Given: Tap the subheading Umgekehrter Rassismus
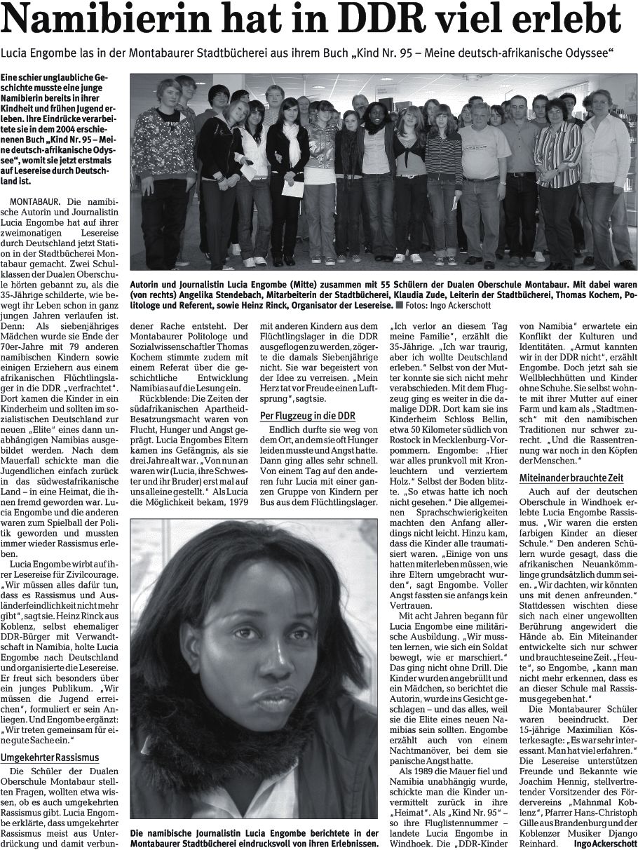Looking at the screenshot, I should tap(49, 757).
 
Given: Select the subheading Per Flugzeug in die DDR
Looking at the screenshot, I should tap(307, 416).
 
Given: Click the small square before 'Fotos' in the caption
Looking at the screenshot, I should tap(398, 306).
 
